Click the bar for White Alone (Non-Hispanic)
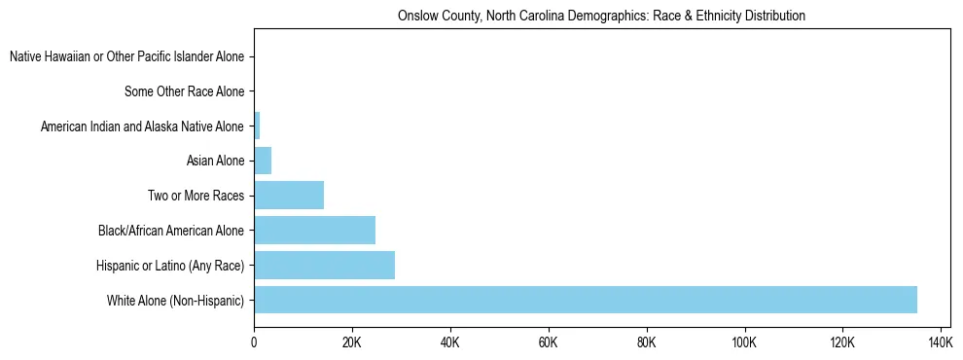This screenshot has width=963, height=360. pos(585,300)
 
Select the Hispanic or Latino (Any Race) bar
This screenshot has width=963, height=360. pos(324,265)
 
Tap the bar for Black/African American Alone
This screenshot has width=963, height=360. pos(314,231)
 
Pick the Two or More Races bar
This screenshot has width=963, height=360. pos(289,196)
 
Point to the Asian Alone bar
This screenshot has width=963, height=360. pos(263,161)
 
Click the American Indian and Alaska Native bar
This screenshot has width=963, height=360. pos(257,126)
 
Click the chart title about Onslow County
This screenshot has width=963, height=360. pos(602,17)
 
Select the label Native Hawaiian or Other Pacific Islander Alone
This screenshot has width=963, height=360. pos(126,57)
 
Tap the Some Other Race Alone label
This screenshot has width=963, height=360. pos(185,92)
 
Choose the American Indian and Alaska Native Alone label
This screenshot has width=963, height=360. pos(143,126)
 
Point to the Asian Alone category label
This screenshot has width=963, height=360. pos(215,161)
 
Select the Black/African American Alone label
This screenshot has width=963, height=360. pos(171,231)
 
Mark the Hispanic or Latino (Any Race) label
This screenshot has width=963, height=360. pos(170,265)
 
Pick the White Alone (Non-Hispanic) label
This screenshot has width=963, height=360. pos(176,300)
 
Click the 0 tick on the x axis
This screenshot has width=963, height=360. pos(254,342)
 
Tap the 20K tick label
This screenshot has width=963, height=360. pos(352,342)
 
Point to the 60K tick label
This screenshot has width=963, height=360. pos(549,342)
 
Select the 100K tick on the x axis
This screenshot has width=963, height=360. pos(744,342)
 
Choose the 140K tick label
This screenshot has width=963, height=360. pos(941,342)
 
